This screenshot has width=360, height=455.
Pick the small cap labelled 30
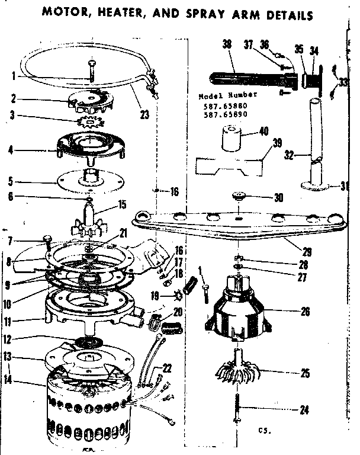click(x=239, y=196)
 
